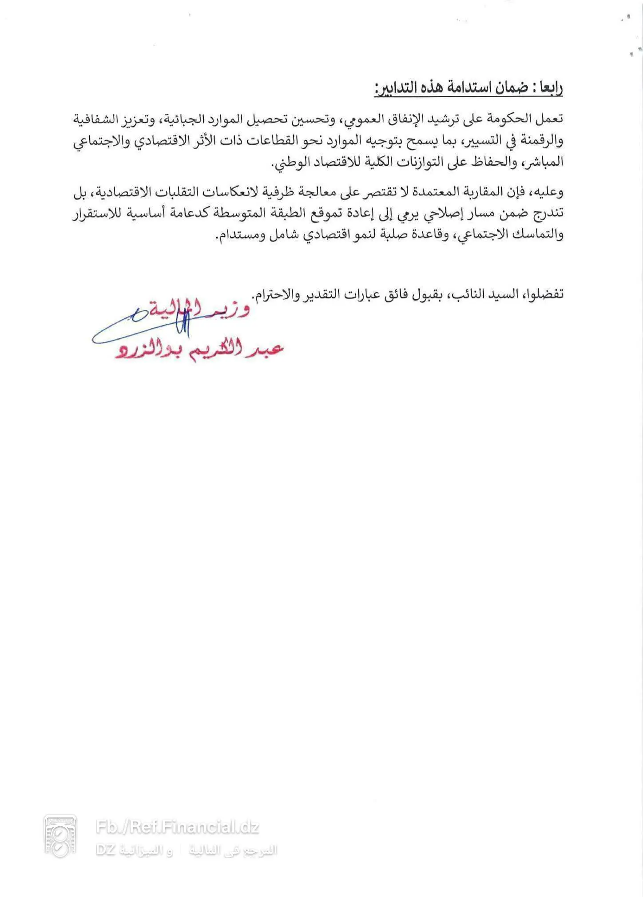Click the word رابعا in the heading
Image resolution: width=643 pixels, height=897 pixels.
tap(549, 87)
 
